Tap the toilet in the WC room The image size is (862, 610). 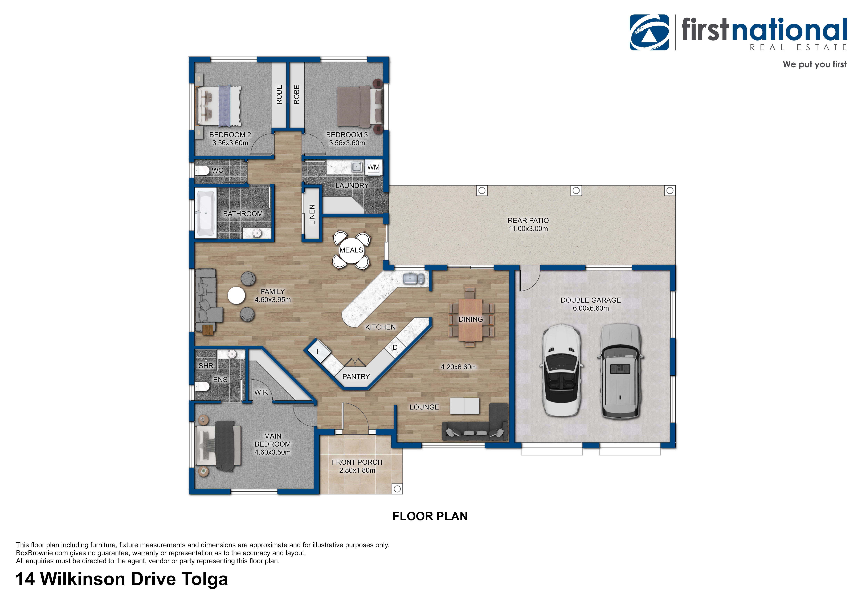point(202,171)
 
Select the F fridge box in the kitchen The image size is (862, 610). point(319,351)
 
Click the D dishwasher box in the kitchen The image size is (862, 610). point(395,347)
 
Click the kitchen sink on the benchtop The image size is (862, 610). point(413,278)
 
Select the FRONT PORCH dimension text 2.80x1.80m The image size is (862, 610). point(357,470)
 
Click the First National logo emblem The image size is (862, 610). point(649,32)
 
